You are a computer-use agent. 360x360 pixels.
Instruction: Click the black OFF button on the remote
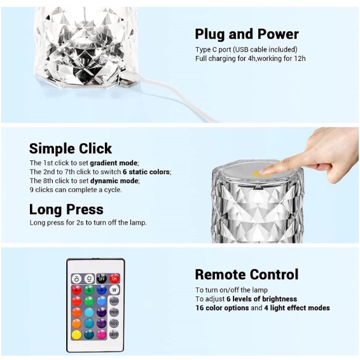[x=102, y=278]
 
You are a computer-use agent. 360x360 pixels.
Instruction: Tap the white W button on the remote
[x=114, y=289]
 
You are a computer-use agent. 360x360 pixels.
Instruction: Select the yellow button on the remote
[x=76, y=334]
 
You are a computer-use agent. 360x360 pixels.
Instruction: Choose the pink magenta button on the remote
[x=102, y=334]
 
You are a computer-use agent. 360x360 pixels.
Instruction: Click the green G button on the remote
[x=89, y=289]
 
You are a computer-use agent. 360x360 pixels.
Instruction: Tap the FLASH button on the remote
[x=114, y=301]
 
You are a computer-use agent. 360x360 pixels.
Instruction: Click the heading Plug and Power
[x=246, y=34]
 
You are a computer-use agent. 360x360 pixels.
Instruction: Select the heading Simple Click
[x=71, y=148]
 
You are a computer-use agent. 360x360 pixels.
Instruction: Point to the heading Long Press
[x=66, y=209]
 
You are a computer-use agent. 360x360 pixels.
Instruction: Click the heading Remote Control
[x=246, y=275]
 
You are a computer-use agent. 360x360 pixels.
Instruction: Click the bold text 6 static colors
[x=146, y=172]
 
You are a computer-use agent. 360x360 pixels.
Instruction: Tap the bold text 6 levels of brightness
[x=261, y=299]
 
